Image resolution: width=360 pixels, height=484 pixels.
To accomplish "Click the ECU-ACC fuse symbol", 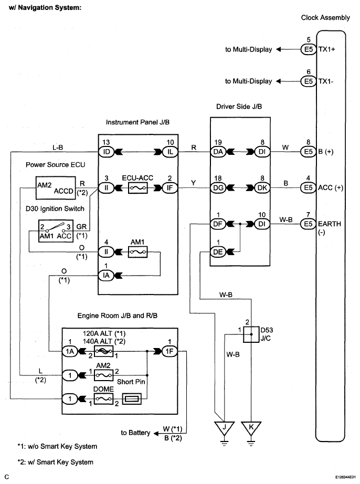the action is [137, 188].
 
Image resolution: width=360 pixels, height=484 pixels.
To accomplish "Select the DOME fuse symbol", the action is [104, 399].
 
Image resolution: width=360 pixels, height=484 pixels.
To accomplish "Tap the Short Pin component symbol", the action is [132, 399].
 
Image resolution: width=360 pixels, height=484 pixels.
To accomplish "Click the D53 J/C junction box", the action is [251, 334].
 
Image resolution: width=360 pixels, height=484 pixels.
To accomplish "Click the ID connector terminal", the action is [106, 152].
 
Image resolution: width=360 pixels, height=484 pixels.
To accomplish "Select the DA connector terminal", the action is [218, 152].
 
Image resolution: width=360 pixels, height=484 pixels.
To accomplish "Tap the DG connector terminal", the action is [218, 188].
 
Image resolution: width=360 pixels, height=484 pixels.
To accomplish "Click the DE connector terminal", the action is [218, 252].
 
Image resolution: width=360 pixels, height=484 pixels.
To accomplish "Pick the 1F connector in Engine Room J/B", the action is [170, 351].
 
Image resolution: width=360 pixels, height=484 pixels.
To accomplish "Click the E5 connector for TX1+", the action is [309, 49].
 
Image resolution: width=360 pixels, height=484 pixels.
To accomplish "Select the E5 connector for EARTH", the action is [309, 224].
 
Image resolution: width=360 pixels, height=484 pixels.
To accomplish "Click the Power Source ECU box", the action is [56, 188].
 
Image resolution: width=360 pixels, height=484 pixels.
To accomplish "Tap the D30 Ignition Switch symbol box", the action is [55, 231].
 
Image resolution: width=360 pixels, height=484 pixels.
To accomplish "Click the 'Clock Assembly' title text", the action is [325, 18].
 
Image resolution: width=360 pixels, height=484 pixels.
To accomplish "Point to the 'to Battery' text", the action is [135, 433].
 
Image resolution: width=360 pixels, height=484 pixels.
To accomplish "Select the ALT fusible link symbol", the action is [104, 351].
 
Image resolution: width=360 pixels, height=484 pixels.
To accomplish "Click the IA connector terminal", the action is [106, 276].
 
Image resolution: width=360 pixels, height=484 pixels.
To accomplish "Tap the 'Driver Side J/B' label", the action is [239, 107].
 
